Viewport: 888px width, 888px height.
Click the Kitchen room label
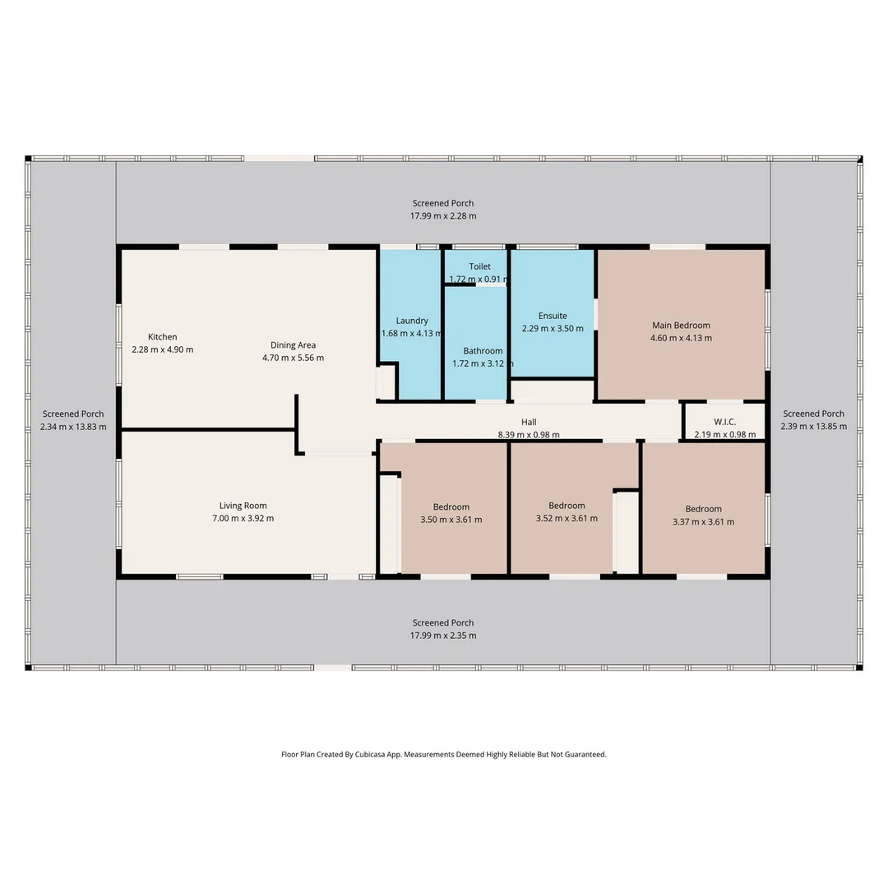(162, 337)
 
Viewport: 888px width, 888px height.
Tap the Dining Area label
(293, 345)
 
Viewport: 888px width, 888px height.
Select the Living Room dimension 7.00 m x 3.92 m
(243, 519)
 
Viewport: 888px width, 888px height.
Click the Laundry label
(412, 321)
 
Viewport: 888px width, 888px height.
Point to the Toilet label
(479, 266)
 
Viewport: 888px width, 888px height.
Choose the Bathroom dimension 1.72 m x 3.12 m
(483, 363)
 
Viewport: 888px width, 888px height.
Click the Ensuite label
(553, 316)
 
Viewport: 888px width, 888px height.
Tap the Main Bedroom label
(681, 325)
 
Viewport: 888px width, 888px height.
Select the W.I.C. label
(724, 422)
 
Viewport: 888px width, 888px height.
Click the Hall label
(529, 422)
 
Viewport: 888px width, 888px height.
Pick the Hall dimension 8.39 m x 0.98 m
(529, 435)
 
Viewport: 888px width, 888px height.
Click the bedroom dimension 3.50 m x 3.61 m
(451, 520)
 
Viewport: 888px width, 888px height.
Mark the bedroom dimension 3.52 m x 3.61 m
(567, 519)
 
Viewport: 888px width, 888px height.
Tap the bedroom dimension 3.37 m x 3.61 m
(703, 522)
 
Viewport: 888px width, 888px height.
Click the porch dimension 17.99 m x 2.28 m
(443, 216)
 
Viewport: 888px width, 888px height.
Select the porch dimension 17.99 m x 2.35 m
(443, 636)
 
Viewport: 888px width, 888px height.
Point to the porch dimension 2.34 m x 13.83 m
(73, 427)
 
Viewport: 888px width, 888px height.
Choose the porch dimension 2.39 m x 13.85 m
(813, 427)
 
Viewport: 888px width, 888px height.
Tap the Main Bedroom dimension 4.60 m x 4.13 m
(681, 338)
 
